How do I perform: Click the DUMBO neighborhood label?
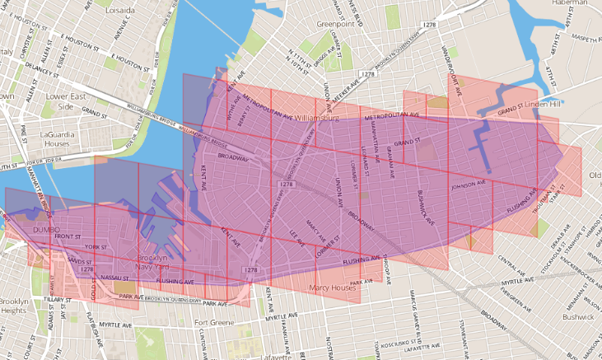click(x=47, y=228)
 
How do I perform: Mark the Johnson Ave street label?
click(x=469, y=186)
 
